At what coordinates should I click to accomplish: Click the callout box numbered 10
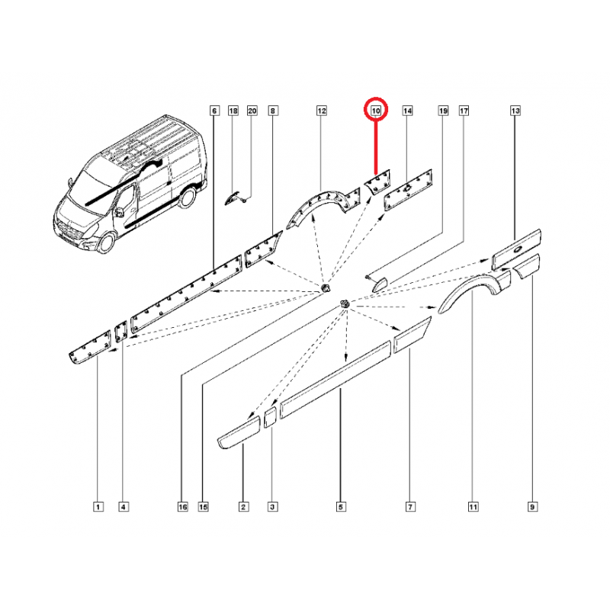click(x=376, y=111)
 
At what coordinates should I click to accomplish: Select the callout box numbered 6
click(x=214, y=111)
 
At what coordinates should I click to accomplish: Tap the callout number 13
click(x=515, y=111)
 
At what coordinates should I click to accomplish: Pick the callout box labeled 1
click(x=98, y=507)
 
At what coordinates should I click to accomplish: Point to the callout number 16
click(x=182, y=507)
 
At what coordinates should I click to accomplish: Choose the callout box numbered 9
click(x=532, y=507)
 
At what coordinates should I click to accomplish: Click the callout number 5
click(x=340, y=507)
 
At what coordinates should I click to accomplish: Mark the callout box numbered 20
click(x=252, y=111)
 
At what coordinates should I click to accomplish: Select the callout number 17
click(x=464, y=111)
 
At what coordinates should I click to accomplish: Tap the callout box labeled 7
click(x=410, y=507)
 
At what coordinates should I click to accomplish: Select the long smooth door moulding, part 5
click(x=335, y=379)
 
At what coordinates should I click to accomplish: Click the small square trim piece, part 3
click(x=270, y=417)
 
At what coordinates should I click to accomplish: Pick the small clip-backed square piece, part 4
click(x=121, y=332)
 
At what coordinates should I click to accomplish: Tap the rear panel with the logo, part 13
click(x=516, y=249)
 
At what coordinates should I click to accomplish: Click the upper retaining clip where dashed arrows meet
click(x=325, y=289)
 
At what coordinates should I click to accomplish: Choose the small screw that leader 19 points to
click(x=368, y=277)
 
